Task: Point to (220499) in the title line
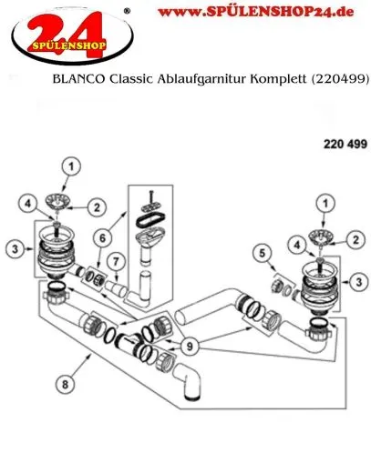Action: (x=339, y=80)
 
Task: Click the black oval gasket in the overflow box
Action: (x=147, y=217)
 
